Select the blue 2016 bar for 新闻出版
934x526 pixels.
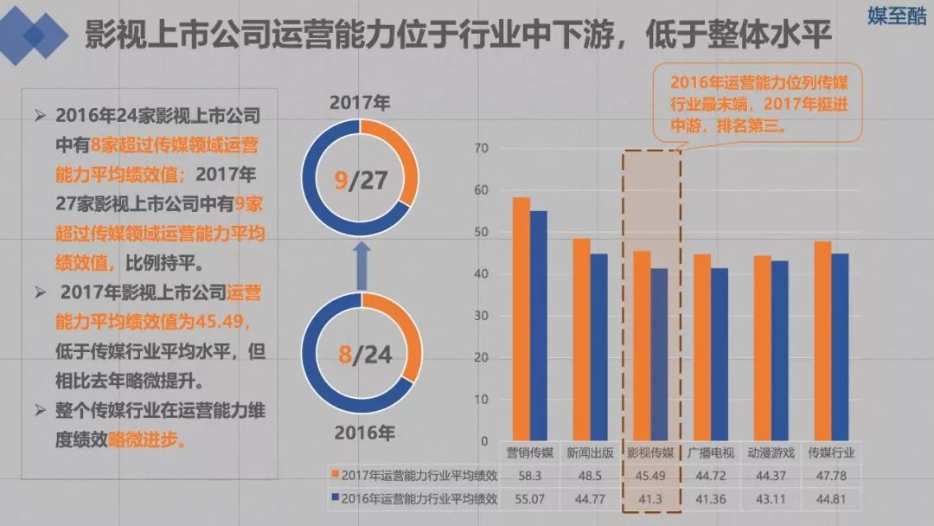point(598,346)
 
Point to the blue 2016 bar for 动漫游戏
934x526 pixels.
point(780,350)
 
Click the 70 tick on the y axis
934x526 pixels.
point(482,149)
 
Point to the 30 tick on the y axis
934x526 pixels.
point(482,316)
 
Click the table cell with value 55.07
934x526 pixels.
point(528,499)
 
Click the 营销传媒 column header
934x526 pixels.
point(528,452)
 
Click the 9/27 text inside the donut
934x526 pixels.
point(360,183)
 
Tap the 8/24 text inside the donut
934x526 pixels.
point(360,355)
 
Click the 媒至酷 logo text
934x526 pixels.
point(896,16)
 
